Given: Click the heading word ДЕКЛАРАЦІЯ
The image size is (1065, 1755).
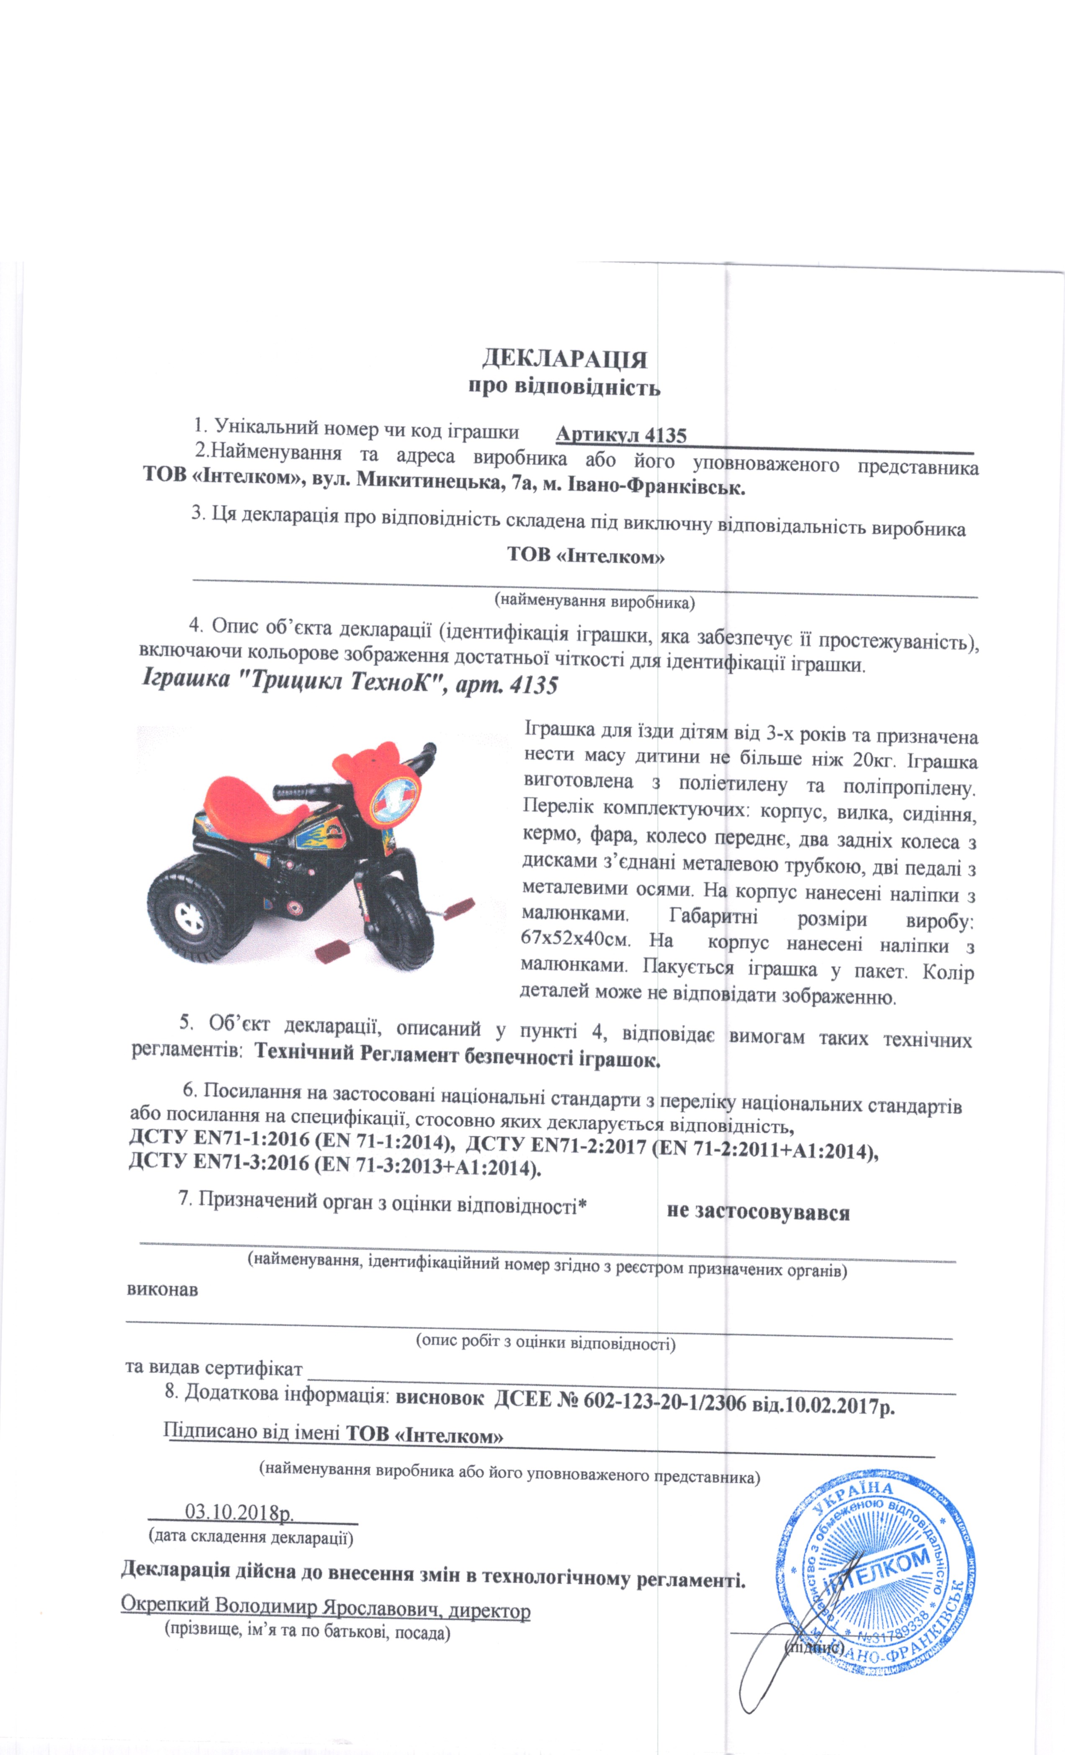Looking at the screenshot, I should (564, 358).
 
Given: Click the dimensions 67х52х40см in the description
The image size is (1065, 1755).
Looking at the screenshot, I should (576, 938).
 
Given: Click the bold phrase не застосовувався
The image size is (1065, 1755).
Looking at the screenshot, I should (758, 1212).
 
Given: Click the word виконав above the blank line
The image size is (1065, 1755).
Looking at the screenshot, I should (162, 1289).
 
